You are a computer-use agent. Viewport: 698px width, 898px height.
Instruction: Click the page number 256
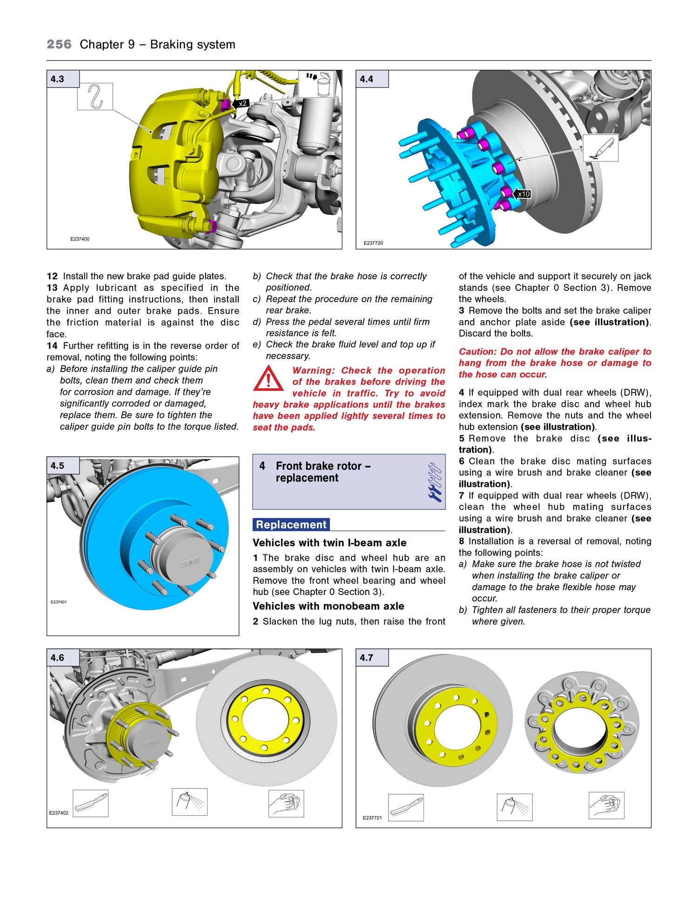(59, 45)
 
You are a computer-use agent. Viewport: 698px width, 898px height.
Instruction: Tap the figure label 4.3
(58, 79)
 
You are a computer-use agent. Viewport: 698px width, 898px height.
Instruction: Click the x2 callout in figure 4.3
(242, 104)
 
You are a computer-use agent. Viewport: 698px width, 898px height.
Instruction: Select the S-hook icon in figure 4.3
(95, 97)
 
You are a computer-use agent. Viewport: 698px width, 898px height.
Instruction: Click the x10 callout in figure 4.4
(523, 194)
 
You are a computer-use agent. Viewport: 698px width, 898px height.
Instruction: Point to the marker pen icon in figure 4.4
(601, 149)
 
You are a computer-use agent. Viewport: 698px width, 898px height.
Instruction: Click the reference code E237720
(373, 243)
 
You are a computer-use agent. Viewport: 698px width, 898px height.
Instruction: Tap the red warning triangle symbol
(268, 378)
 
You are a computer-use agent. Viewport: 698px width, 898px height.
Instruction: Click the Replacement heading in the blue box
(291, 525)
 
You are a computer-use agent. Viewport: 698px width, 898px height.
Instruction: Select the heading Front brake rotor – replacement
(323, 472)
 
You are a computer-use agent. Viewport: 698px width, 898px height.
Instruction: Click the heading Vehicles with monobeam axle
(329, 606)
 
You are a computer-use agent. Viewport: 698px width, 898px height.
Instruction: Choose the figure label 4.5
(58, 466)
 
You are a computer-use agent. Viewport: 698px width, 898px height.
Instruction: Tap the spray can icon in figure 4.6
(189, 802)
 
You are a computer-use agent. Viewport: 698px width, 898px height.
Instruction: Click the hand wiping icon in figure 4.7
(606, 805)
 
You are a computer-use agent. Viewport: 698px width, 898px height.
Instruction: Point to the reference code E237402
(59, 813)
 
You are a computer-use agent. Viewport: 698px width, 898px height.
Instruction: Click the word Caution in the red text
(477, 352)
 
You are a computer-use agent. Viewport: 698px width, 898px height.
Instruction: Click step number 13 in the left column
(52, 288)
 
